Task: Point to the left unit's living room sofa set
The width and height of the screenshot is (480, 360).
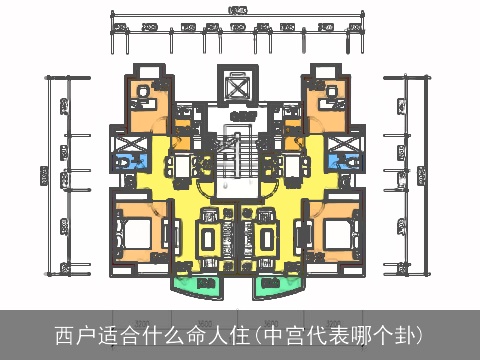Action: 210,240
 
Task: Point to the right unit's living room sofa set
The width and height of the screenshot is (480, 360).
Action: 267,240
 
